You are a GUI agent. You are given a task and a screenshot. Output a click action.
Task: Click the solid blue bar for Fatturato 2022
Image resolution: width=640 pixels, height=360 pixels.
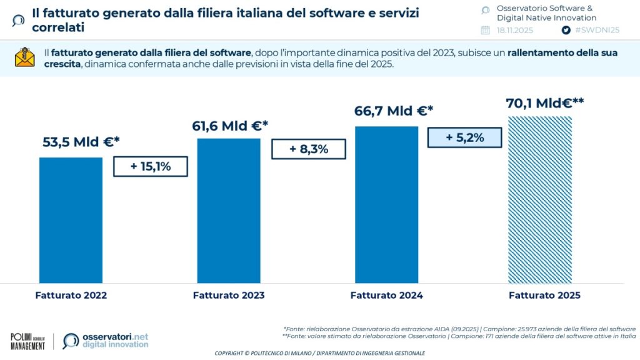[x=71, y=220]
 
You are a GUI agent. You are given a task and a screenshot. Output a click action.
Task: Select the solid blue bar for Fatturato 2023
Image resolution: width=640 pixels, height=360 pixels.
[x=229, y=211]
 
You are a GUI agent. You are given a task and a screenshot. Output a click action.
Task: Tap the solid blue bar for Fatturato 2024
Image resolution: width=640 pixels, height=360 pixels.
[x=386, y=204]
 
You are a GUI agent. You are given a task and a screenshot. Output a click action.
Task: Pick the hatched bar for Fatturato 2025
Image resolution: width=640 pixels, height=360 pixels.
[x=540, y=199]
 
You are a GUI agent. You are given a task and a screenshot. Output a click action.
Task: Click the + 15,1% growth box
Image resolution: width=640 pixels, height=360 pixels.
[x=151, y=167]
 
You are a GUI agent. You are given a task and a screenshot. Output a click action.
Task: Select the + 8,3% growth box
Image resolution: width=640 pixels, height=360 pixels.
[x=308, y=149]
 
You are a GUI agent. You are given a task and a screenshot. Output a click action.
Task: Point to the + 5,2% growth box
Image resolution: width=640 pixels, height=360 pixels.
[x=464, y=137]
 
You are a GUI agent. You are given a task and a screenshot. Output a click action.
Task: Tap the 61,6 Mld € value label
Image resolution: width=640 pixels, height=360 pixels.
[x=229, y=126]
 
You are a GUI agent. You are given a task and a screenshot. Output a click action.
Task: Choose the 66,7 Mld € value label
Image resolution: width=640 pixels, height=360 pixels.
[x=393, y=111]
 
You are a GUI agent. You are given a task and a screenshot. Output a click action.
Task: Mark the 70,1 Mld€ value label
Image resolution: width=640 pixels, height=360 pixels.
[x=544, y=102]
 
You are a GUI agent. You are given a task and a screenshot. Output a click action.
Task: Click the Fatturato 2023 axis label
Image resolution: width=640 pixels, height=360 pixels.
[x=229, y=296]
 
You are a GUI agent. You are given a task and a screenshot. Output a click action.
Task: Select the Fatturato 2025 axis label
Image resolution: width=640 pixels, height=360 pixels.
[x=544, y=296]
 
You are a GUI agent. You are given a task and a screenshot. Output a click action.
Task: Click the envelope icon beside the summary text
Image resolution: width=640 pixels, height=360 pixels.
[x=25, y=58]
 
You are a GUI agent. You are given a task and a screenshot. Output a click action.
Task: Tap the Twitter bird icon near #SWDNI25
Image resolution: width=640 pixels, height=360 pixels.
[x=566, y=30]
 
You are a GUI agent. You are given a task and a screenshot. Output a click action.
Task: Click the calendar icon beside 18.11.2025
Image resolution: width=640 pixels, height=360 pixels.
[x=486, y=30]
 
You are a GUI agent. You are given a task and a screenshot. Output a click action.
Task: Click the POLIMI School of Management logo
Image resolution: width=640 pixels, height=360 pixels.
[x=27, y=341]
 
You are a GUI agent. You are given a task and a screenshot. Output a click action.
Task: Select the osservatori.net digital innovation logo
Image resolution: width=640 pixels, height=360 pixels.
[x=106, y=341]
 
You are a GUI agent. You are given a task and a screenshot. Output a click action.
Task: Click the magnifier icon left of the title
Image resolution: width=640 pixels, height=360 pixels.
[x=19, y=20]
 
